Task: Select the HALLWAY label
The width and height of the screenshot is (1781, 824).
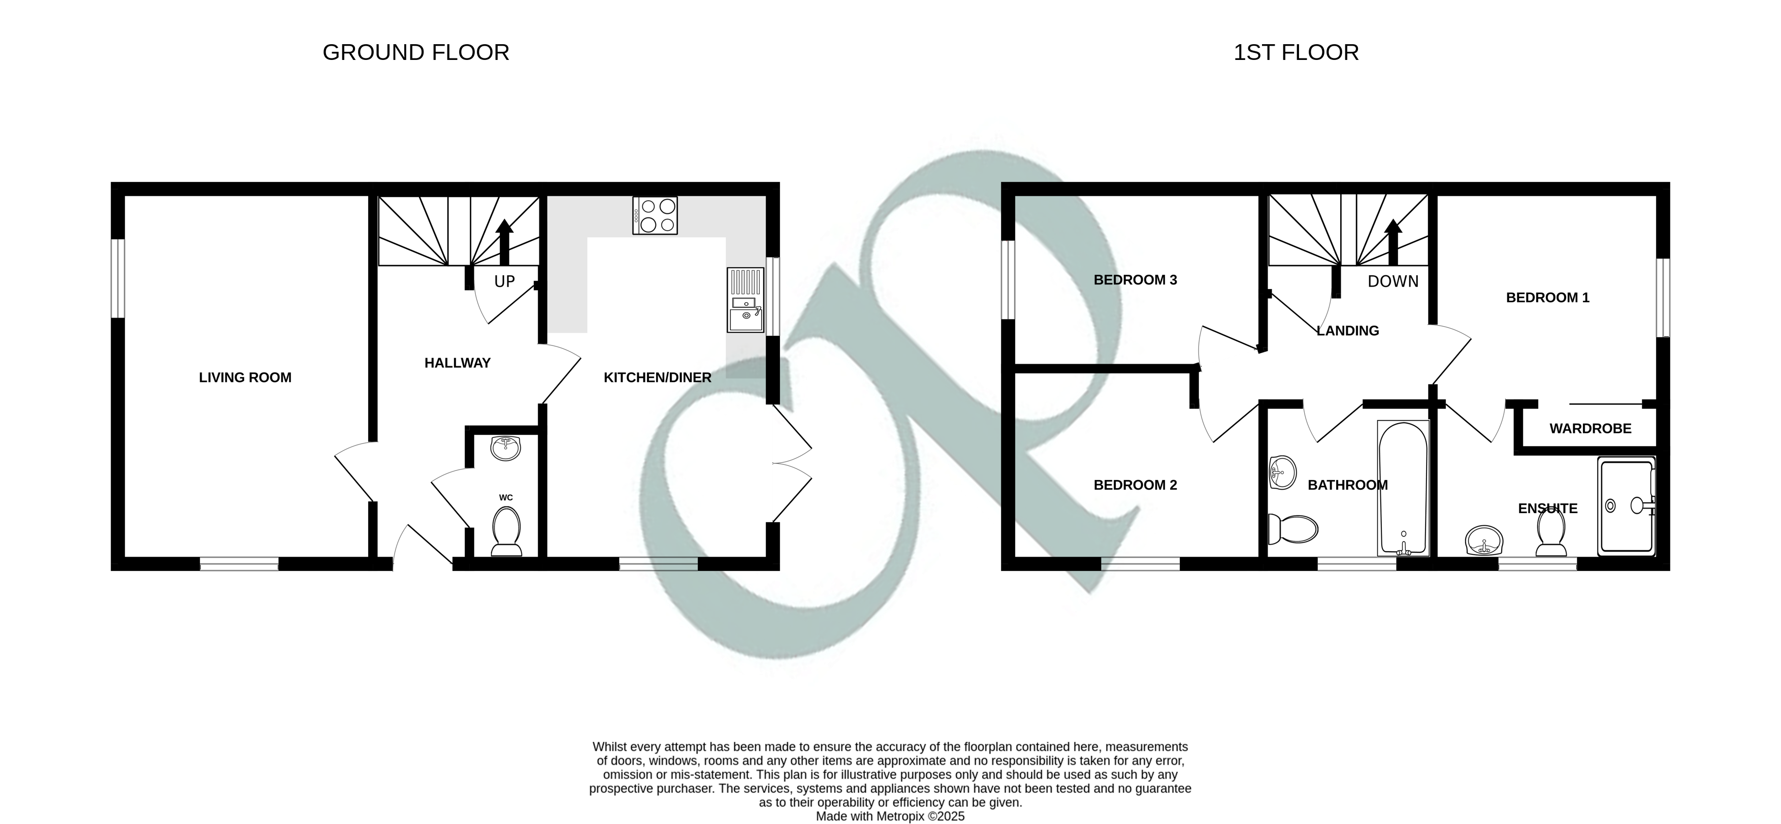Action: (x=457, y=363)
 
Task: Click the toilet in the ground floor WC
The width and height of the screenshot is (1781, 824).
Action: (x=506, y=531)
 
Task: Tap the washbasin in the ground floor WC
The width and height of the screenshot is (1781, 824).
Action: (x=505, y=448)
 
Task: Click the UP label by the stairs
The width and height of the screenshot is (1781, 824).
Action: (x=505, y=281)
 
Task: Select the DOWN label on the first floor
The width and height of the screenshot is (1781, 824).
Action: (x=1393, y=281)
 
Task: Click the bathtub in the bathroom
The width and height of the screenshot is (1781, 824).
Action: (x=1403, y=488)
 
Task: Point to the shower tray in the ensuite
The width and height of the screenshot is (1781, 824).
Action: (x=1626, y=506)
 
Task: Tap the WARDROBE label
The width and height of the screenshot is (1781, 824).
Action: (x=1590, y=429)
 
